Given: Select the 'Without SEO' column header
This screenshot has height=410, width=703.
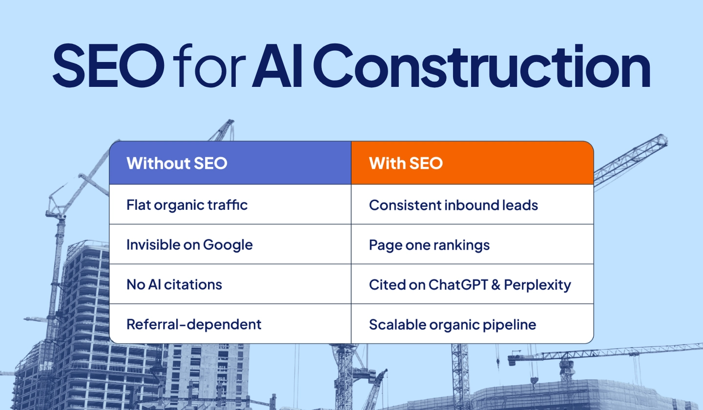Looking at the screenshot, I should click(177, 163).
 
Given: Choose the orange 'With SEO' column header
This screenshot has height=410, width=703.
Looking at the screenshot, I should click(406, 163).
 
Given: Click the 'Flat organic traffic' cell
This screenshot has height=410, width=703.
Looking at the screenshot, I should click(187, 205).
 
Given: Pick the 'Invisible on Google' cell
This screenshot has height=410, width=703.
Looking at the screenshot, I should click(189, 245).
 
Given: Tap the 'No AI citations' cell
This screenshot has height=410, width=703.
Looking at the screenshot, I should click(174, 284).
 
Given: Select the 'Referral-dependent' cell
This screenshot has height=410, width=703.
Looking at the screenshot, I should click(194, 324).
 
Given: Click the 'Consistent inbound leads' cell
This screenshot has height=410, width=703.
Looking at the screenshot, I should click(454, 205).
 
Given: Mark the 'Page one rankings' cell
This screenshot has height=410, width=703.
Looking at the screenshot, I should click(429, 245).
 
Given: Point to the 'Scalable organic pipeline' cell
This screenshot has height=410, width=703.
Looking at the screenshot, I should click(453, 324).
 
